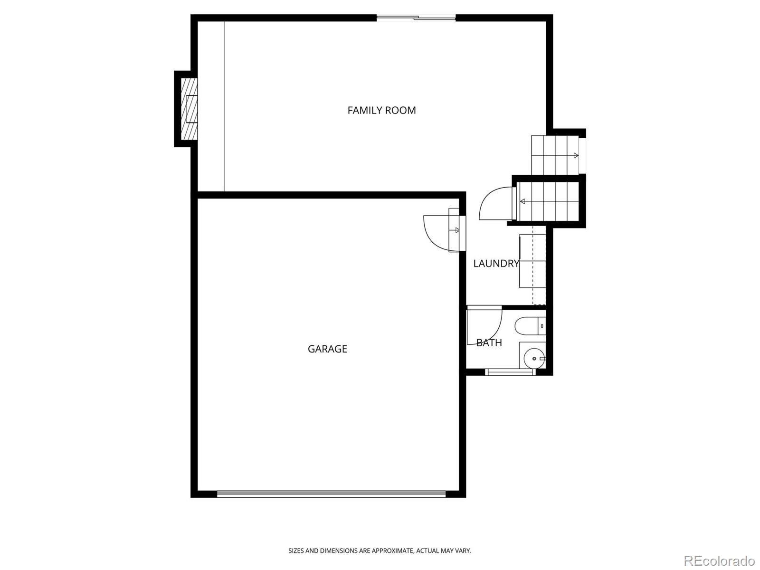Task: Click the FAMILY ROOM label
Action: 381,110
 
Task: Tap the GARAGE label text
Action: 327,349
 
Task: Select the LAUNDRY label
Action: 496,263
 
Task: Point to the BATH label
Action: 489,342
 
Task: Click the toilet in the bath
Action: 530,326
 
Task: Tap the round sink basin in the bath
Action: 534,359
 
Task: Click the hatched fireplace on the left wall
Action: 189,109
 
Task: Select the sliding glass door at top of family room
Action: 416,18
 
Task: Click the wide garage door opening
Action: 332,494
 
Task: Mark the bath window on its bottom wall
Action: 510,372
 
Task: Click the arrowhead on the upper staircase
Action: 576,155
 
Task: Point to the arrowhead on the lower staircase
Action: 522,201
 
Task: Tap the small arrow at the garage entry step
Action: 456,230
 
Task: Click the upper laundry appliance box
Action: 532,248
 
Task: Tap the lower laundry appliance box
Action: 532,275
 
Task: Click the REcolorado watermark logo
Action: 720,560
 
